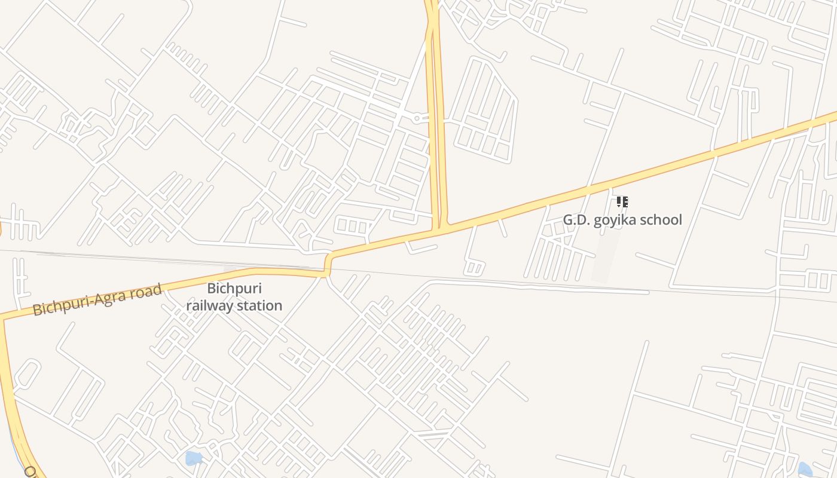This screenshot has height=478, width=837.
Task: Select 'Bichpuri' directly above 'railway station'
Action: coord(234,289)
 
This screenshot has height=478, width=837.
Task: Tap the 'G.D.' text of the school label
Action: coord(576,220)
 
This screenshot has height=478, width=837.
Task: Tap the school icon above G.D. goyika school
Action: coord(622,202)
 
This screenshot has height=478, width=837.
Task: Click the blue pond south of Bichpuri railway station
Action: coord(193,458)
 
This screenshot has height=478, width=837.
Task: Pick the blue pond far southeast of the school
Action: coord(805,468)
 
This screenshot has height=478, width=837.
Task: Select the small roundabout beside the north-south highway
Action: coord(417,118)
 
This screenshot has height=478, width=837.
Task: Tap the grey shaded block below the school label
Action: coord(605,257)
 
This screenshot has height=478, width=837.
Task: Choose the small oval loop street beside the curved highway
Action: coord(26,374)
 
